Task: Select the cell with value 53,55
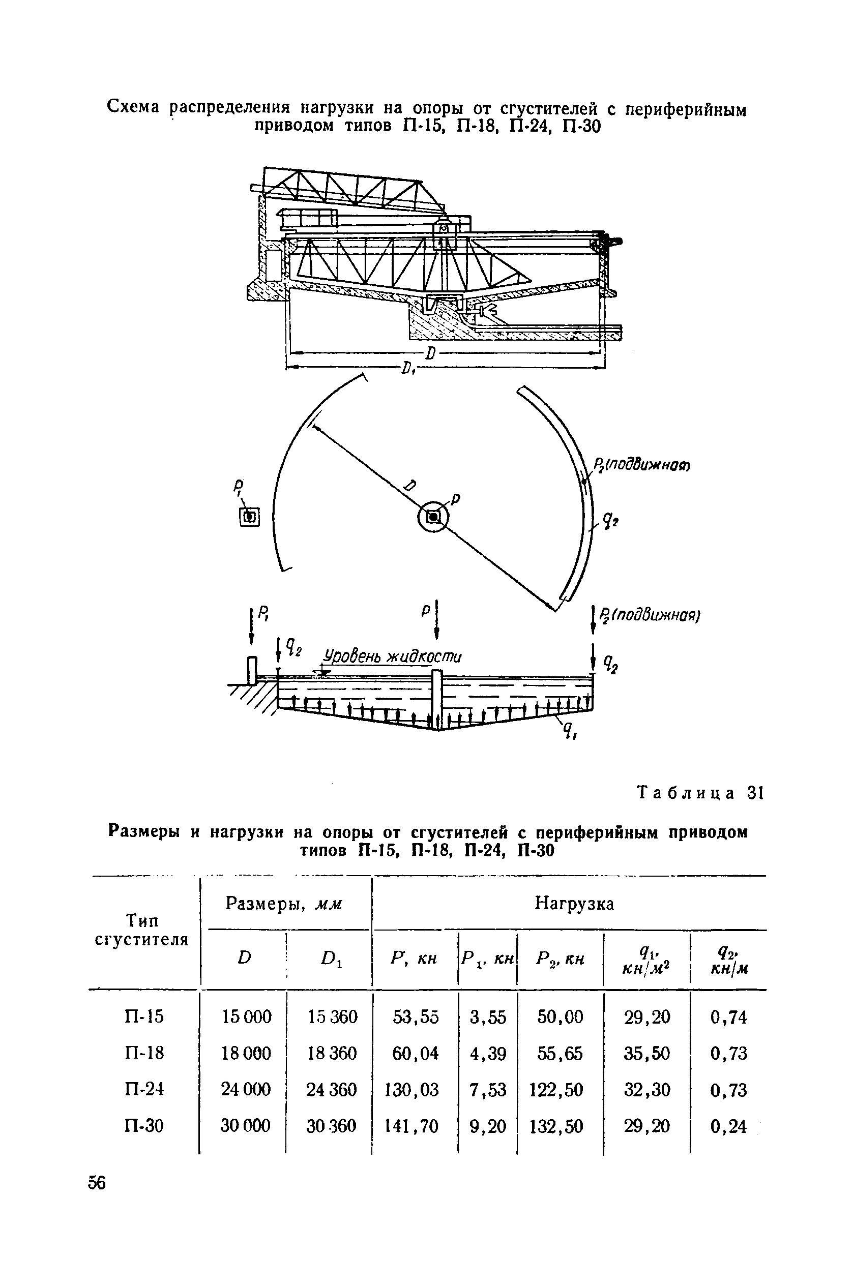click(x=415, y=1017)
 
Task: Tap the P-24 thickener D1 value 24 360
click(x=331, y=1090)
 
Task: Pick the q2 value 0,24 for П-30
click(x=728, y=1126)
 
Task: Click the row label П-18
click(x=144, y=1053)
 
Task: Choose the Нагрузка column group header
click(x=574, y=903)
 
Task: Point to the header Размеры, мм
click(x=284, y=903)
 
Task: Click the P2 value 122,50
click(x=556, y=1090)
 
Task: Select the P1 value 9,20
click(x=488, y=1126)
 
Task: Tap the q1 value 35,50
click(x=647, y=1053)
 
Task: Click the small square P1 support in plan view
click(x=250, y=517)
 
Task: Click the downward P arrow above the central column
click(x=436, y=622)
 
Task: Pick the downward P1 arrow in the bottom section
click(x=251, y=628)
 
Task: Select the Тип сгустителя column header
click(x=142, y=930)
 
